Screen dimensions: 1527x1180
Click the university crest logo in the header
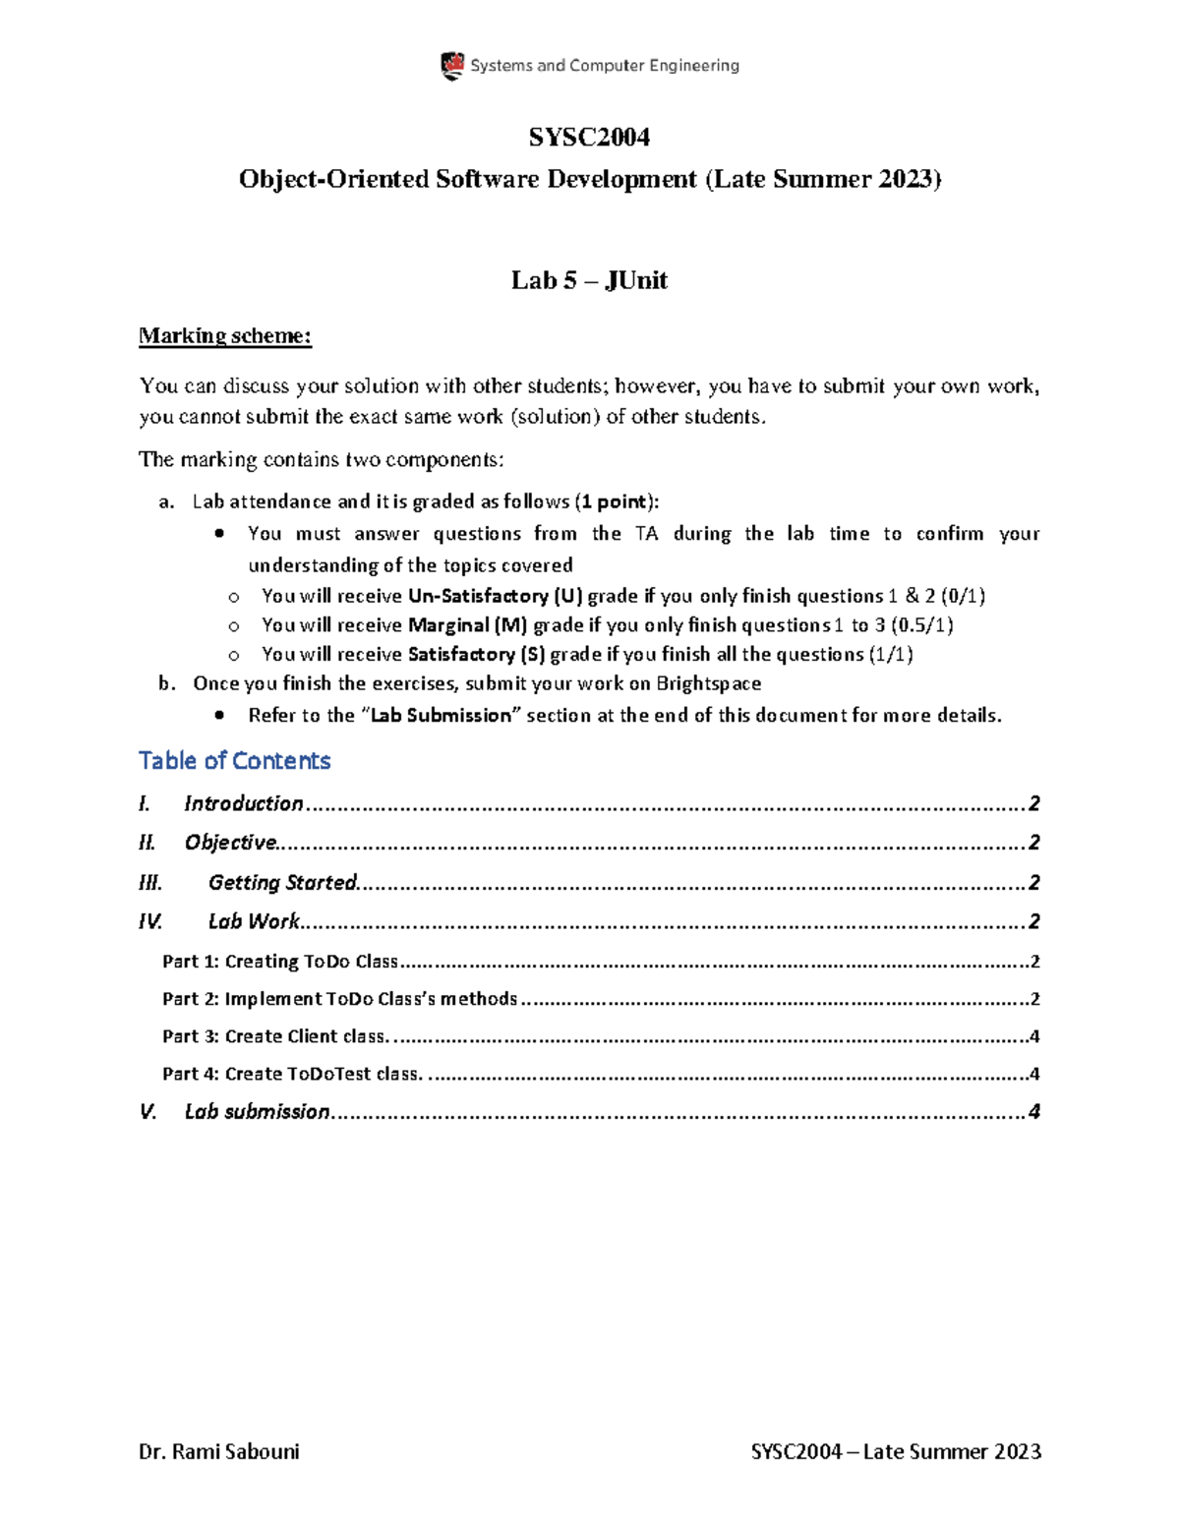coord(452,66)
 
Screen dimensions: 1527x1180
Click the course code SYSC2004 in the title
coord(589,137)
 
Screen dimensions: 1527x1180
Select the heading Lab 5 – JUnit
coord(589,280)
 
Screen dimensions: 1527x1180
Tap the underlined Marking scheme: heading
coord(225,336)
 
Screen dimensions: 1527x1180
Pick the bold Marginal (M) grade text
coord(467,625)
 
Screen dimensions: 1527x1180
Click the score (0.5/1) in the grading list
coord(921,625)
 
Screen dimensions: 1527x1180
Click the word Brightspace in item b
coord(708,683)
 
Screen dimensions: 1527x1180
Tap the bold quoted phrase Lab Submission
coord(441,716)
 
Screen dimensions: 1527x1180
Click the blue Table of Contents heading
coord(234,761)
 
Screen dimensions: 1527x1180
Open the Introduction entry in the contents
coord(244,804)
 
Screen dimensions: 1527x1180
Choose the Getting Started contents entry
coord(282,883)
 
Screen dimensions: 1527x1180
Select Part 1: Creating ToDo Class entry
coord(280,962)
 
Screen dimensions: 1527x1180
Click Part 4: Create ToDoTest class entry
coord(292,1074)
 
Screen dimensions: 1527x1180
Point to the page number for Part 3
coord(1032,1036)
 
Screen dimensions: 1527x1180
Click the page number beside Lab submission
coord(1033,1112)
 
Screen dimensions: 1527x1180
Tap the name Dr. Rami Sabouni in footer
coord(219,1452)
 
